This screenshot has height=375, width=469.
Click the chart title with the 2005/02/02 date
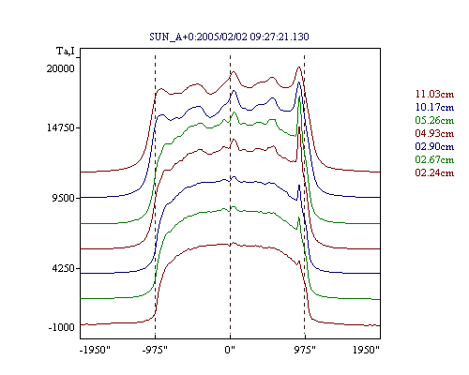click(229, 37)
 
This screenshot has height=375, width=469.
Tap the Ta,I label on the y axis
click(66, 51)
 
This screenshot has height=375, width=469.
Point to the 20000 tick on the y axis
click(61, 68)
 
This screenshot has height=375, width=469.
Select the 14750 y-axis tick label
click(61, 127)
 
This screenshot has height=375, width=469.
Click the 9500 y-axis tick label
click(64, 198)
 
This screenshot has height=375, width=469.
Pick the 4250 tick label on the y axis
click(64, 268)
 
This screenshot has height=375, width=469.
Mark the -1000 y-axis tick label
click(61, 327)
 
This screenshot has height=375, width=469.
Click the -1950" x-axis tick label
click(96, 350)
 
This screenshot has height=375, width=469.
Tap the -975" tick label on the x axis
click(155, 350)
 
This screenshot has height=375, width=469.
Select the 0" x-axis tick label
click(230, 350)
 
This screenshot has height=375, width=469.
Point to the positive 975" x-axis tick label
click(305, 350)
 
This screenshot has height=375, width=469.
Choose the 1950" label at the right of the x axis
click(366, 350)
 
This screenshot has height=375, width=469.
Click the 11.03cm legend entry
click(434, 94)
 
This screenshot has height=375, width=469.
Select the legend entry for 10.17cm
click(434, 107)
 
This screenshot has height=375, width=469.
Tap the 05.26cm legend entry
click(434, 120)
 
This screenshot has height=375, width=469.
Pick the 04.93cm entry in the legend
click(434, 133)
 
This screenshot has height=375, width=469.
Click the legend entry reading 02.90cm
click(434, 146)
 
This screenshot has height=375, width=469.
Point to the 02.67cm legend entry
click(434, 159)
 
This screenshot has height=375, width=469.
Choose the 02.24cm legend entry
click(434, 172)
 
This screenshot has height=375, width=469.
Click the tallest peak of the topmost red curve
click(299, 67)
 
